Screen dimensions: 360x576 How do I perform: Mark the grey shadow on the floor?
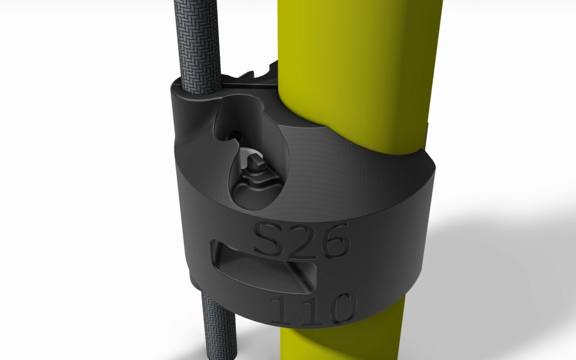[x=495, y=270]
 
